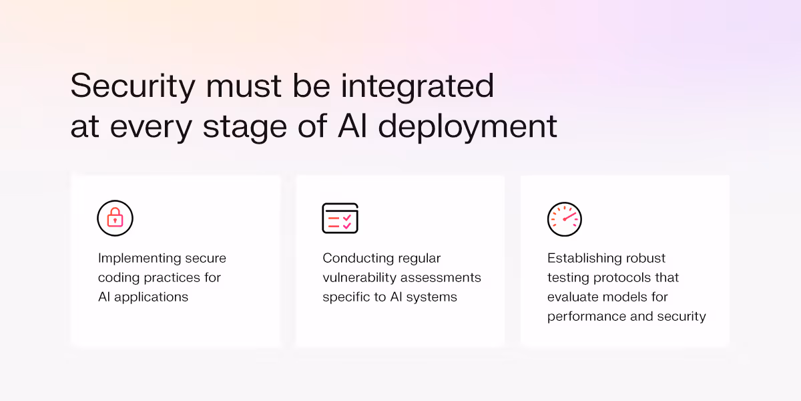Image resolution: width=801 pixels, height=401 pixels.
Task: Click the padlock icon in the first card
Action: coord(115,218)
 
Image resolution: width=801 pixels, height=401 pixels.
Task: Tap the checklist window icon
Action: coord(340,218)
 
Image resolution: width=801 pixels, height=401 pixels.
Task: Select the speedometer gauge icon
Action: coord(565,219)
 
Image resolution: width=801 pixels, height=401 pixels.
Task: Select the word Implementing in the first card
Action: coord(140,259)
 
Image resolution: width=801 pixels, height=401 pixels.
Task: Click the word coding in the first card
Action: coord(117,277)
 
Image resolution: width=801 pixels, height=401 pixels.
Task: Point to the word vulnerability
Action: coord(361,277)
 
